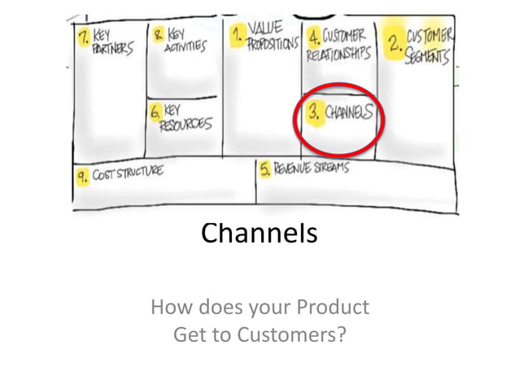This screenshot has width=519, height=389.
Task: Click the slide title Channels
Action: pos(259,234)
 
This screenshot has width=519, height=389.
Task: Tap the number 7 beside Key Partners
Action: pos(83,37)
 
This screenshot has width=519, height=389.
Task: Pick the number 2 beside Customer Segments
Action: pos(395,43)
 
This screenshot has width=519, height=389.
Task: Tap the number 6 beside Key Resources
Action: pos(155,112)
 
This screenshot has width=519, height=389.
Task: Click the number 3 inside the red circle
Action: pos(313,113)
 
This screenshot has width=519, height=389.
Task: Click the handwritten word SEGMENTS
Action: pos(428,57)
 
